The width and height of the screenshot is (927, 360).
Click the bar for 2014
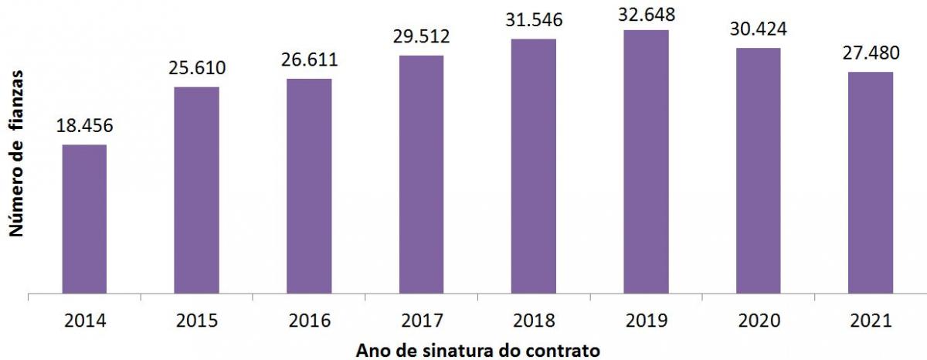point(84,219)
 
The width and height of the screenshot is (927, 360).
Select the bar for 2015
point(196,190)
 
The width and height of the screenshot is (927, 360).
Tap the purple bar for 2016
point(309,186)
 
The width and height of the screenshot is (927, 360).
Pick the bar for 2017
point(421,175)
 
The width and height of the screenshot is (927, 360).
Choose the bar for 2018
point(533,166)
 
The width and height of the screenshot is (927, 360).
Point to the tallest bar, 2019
point(646,162)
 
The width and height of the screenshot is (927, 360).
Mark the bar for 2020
point(758,171)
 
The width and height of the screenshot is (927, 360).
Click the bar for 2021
point(871,183)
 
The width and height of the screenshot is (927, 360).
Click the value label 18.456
point(84,126)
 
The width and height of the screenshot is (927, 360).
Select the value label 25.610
point(196,68)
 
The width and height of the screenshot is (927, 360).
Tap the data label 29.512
point(421,36)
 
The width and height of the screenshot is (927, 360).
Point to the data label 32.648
point(646,13)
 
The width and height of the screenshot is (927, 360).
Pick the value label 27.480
point(871,54)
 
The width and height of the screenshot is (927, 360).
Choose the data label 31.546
point(533,20)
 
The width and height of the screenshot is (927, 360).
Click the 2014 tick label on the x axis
point(84,320)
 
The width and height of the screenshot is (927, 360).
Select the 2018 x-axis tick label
point(533,320)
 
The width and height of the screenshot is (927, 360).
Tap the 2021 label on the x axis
point(871,320)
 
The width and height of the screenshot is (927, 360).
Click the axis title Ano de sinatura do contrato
point(477,350)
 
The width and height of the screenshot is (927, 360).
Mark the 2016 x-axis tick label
point(309,320)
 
